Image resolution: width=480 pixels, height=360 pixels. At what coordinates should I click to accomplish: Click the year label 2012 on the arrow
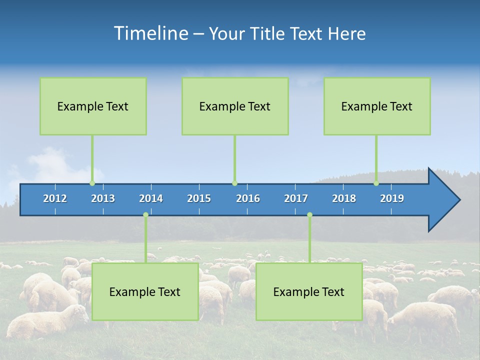click(x=55, y=198)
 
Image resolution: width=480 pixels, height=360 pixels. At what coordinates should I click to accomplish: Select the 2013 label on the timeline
click(x=103, y=198)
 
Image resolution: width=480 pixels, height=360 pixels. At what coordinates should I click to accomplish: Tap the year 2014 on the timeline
click(x=151, y=198)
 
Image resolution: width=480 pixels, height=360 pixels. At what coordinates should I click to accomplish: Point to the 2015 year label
click(x=199, y=198)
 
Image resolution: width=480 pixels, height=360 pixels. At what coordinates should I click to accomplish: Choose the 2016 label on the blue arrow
click(x=248, y=198)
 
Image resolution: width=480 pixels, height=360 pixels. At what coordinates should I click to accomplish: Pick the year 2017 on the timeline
click(x=296, y=198)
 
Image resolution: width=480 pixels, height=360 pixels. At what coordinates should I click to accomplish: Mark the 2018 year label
click(x=344, y=198)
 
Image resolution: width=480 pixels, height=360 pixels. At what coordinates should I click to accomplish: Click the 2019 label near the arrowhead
click(x=392, y=198)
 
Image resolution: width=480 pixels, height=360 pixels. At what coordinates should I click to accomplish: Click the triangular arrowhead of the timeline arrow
click(x=442, y=200)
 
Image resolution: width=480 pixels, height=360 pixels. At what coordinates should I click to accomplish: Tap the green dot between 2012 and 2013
click(x=92, y=183)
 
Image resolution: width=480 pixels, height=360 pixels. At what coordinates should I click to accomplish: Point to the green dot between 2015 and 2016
click(x=234, y=183)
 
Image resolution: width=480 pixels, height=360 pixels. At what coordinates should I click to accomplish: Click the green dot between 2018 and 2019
click(x=376, y=183)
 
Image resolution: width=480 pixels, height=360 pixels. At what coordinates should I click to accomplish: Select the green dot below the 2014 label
click(x=145, y=215)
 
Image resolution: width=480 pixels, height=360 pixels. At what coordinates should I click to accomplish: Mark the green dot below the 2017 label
click(x=309, y=215)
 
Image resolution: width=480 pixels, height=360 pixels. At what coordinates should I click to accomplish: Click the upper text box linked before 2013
click(x=93, y=106)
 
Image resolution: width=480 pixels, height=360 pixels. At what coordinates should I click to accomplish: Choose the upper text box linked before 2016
click(x=235, y=106)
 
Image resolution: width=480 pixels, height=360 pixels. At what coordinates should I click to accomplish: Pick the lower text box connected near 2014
click(x=145, y=291)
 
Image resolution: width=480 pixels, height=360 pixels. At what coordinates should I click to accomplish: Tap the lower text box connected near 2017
click(x=309, y=291)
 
